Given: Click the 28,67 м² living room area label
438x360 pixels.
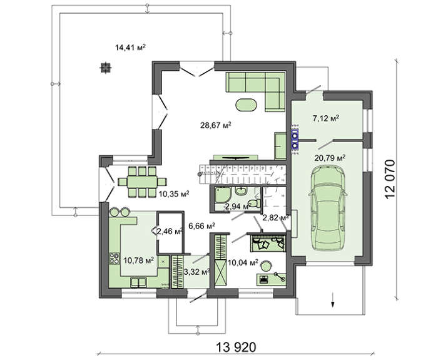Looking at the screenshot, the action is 216,125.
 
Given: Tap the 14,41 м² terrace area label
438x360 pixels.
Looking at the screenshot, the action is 131,47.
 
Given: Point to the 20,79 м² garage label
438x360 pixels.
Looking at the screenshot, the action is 330,158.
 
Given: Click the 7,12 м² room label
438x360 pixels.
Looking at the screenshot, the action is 325,118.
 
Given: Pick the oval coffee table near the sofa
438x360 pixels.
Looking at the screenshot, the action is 246,105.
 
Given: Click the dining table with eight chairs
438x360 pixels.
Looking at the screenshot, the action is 142,182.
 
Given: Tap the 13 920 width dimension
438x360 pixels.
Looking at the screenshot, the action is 236,347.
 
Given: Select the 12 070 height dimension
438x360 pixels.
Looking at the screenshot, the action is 390,179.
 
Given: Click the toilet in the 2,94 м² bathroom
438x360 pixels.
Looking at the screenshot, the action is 254,203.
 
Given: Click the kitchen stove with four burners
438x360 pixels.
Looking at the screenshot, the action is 114,258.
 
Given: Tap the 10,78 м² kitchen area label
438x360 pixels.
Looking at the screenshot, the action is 139,260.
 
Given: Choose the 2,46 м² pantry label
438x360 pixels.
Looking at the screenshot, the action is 170,231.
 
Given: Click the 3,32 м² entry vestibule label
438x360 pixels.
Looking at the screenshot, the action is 196,271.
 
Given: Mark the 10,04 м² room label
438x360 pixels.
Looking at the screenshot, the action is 243,262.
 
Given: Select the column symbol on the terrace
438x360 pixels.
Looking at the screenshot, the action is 106,68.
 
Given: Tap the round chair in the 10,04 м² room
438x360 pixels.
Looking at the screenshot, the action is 266,265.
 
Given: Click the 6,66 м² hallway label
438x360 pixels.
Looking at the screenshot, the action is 201,225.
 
